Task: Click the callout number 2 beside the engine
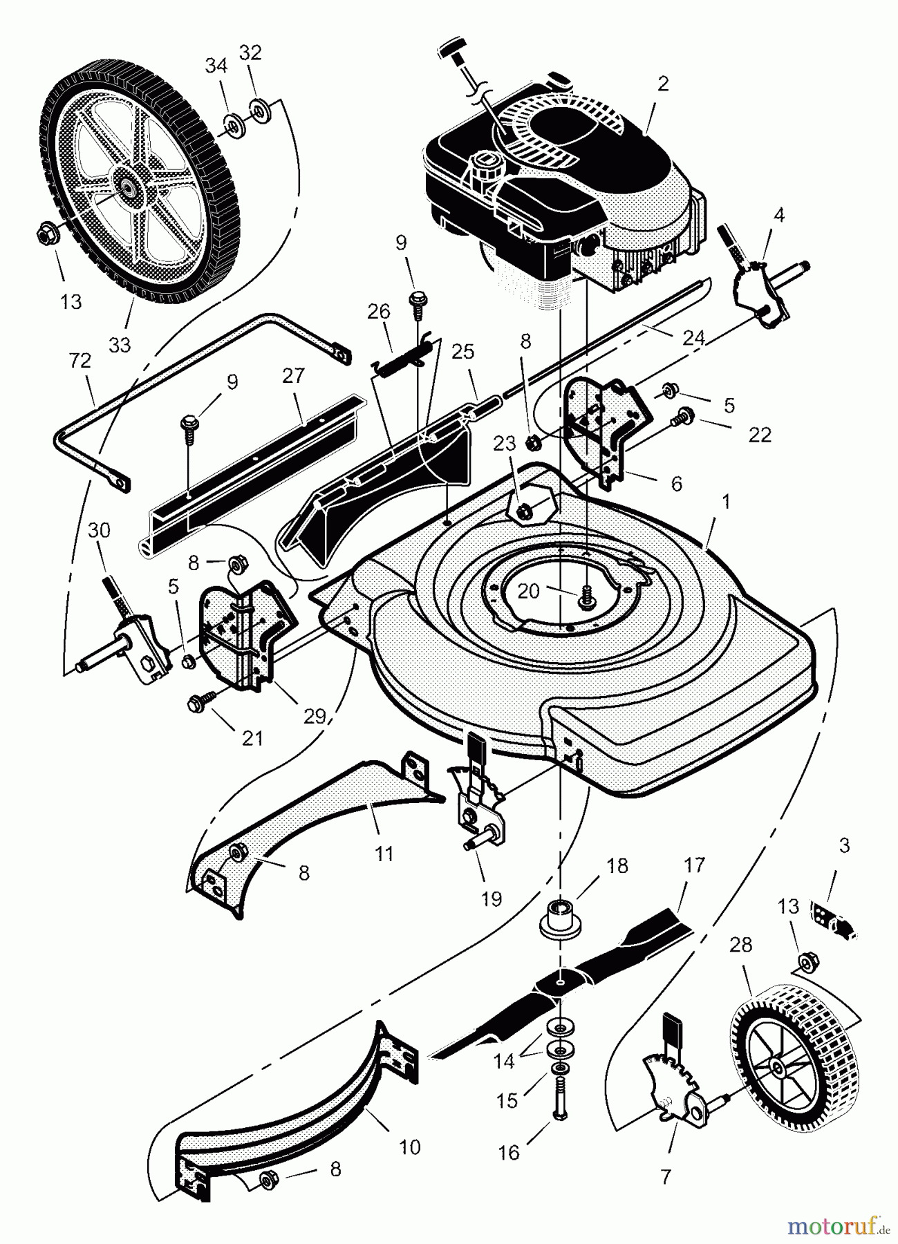(663, 84)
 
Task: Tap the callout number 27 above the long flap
(293, 376)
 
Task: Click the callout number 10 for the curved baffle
(410, 1148)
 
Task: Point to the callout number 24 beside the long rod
(693, 339)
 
